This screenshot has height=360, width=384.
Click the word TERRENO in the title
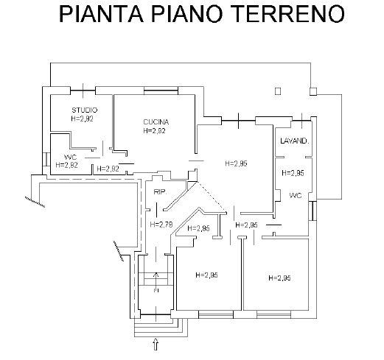[288, 14]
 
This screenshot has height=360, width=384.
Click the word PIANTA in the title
[102, 14]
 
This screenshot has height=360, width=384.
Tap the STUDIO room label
[85, 110]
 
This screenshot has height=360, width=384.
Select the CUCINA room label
[156, 122]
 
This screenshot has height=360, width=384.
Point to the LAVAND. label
[294, 141]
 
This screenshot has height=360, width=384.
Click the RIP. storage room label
[160, 192]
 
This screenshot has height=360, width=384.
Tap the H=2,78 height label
[161, 225]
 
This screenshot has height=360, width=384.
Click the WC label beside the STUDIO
[70, 157]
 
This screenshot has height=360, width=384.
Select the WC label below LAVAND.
[296, 196]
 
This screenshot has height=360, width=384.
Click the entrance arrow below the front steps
[156, 344]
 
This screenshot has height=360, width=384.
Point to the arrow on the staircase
[156, 282]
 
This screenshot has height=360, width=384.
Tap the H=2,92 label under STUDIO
[82, 119]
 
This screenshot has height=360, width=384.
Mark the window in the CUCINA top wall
[161, 91]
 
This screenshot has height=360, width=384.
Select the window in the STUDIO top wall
[83, 91]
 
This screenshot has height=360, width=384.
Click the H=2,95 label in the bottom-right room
[279, 278]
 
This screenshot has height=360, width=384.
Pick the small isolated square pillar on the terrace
[278, 91]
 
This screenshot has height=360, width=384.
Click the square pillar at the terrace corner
[313, 91]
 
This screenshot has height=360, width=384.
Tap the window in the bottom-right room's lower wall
[274, 314]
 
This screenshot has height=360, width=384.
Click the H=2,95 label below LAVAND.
[293, 173]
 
